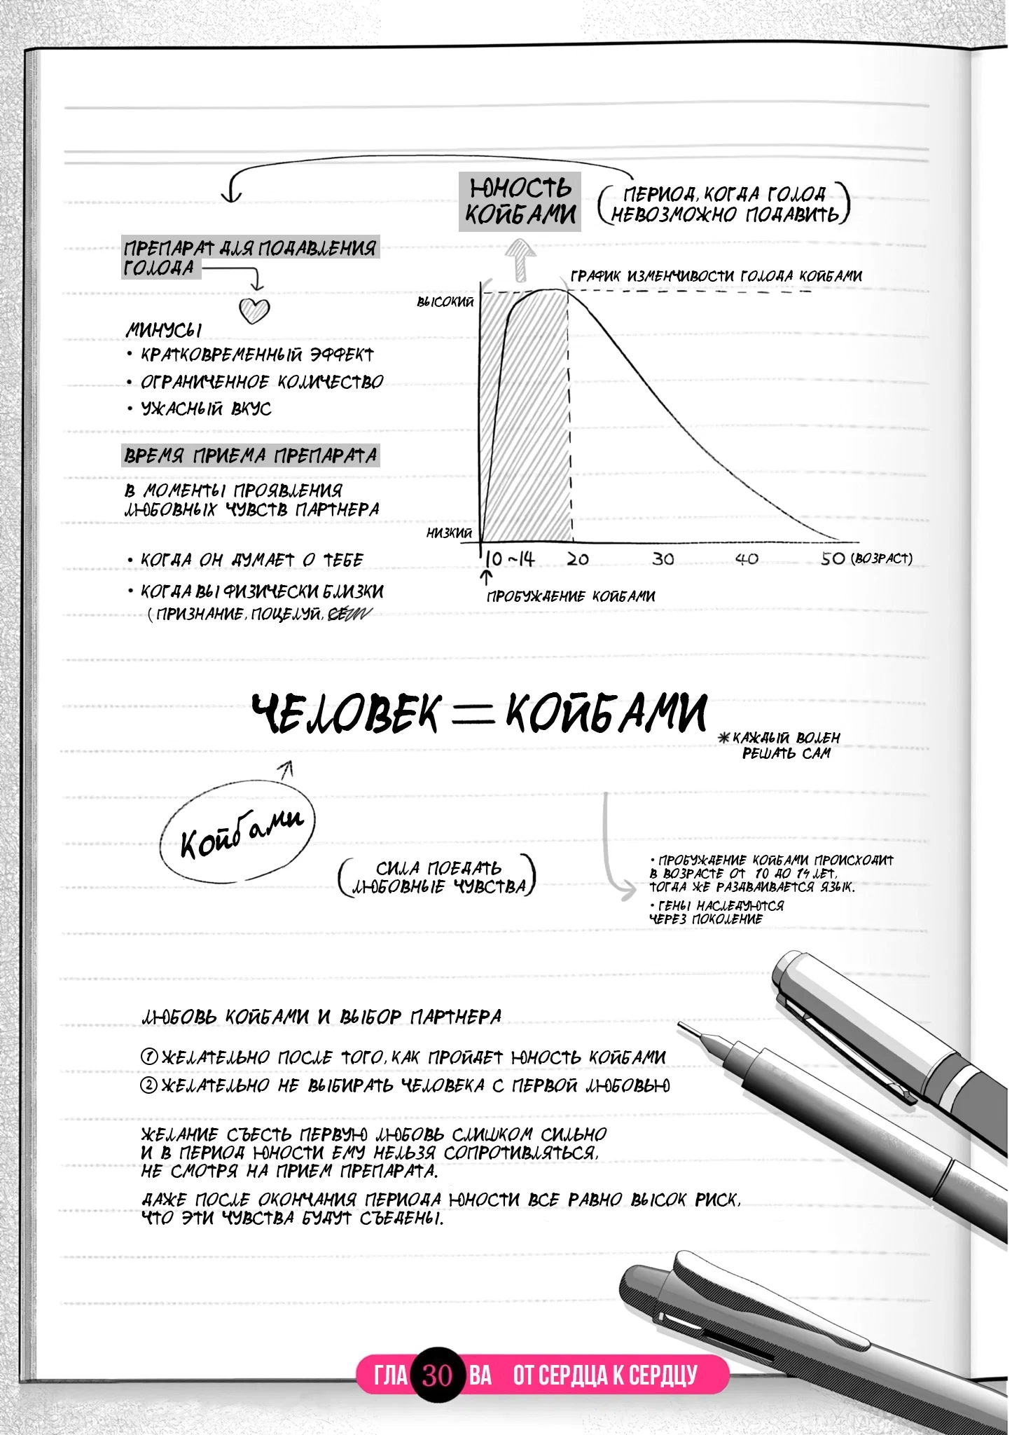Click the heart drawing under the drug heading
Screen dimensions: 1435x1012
coord(254,310)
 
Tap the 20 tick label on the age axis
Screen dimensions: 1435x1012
coord(578,559)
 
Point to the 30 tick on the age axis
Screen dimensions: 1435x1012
coord(663,559)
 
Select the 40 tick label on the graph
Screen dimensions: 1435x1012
coord(747,559)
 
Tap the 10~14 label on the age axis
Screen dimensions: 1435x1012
coord(510,559)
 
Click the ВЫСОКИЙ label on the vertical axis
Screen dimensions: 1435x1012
coord(445,302)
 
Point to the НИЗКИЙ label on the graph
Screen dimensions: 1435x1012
coord(450,533)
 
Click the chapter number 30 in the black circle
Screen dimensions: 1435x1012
coord(438,1375)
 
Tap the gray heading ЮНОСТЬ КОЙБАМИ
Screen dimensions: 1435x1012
coord(520,202)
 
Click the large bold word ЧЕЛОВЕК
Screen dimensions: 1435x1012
coord(347,714)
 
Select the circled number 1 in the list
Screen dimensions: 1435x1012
coord(149,1057)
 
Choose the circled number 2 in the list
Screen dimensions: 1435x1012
coord(149,1085)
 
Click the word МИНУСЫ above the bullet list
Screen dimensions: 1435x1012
coord(164,329)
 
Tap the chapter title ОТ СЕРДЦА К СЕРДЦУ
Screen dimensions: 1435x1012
coord(605,1375)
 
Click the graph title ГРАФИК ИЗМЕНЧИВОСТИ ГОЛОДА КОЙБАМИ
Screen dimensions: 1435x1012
coord(716,276)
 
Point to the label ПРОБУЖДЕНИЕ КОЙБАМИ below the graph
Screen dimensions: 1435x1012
coord(571,596)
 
